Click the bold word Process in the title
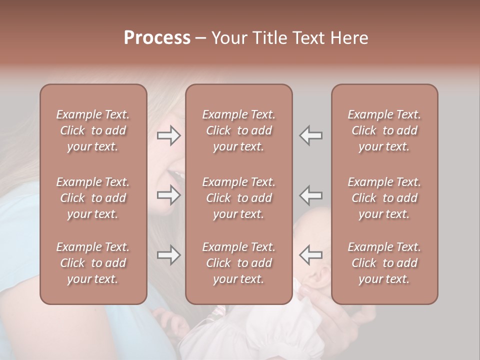(x=157, y=38)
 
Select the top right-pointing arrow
(x=168, y=135)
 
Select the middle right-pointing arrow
(x=168, y=195)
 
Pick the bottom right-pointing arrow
(x=168, y=255)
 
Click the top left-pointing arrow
(x=311, y=135)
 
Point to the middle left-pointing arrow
(x=311, y=195)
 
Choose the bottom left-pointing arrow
(x=311, y=255)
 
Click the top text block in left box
(x=93, y=130)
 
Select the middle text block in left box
(x=93, y=198)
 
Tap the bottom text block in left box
(x=93, y=263)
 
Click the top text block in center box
(x=238, y=130)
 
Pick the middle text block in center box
(x=238, y=198)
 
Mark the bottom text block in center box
(x=238, y=263)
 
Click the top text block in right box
(x=384, y=130)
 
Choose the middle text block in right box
(x=384, y=198)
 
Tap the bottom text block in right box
(x=384, y=263)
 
